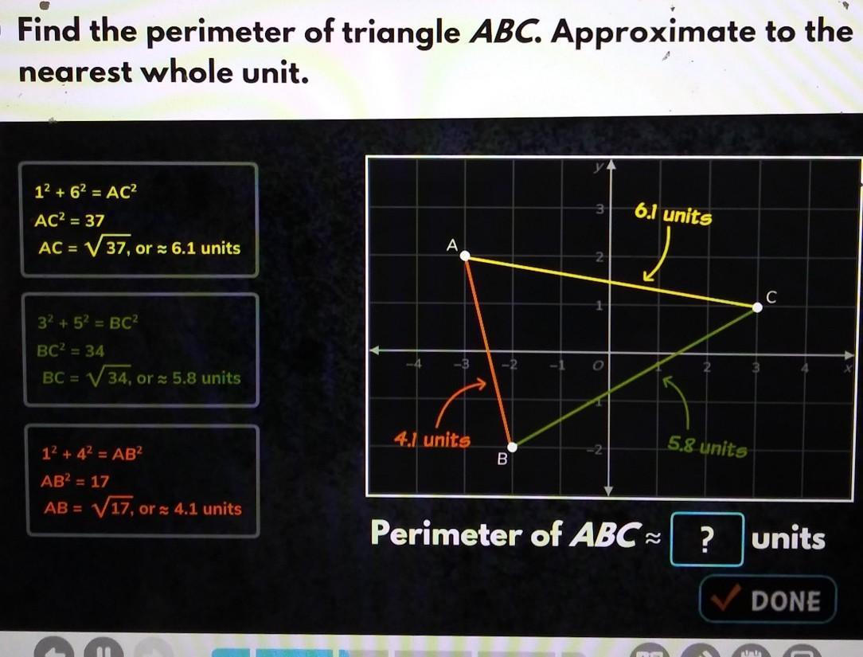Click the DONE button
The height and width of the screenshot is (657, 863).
tap(767, 599)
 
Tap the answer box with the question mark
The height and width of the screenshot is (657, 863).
tap(707, 539)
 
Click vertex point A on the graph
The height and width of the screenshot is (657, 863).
tap(465, 256)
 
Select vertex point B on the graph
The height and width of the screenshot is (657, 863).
tap(512, 447)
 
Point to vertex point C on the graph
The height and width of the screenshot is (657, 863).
tap(757, 307)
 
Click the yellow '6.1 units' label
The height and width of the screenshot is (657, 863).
tap(673, 214)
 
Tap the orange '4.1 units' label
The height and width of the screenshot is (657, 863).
tap(432, 440)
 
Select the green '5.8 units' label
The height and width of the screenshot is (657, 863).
tap(707, 447)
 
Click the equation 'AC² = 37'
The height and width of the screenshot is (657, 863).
tap(69, 221)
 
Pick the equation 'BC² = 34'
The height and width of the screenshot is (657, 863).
tap(70, 351)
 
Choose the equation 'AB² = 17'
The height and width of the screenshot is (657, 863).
tap(75, 481)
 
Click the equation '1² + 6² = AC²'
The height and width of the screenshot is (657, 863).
tap(85, 192)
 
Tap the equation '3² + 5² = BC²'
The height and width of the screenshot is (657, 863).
tap(88, 323)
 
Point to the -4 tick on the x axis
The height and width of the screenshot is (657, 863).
tap(415, 364)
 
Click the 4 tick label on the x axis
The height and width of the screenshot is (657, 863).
tap(805, 367)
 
